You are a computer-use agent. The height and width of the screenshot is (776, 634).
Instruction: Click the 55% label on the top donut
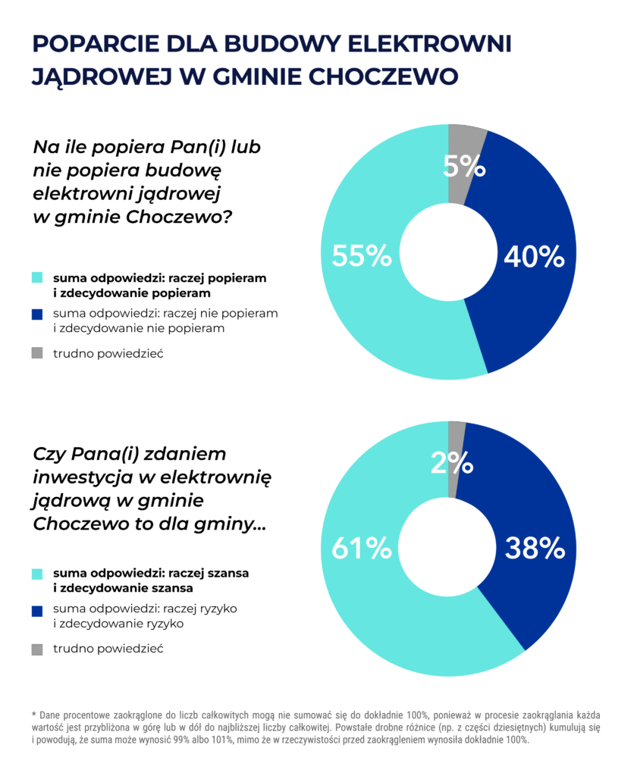point(362,256)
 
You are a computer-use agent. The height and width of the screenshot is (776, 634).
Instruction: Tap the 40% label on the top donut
point(534,256)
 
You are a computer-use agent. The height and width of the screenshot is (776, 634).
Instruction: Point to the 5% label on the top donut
point(464,166)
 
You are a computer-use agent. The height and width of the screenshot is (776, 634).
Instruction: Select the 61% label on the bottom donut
point(362,547)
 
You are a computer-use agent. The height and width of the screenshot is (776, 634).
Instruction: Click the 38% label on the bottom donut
point(534,547)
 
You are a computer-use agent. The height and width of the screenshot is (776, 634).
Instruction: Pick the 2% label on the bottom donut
point(452,462)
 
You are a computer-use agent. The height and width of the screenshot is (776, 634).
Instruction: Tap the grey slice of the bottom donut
point(456,432)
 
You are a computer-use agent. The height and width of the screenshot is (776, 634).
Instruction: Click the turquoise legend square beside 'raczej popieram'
point(37,278)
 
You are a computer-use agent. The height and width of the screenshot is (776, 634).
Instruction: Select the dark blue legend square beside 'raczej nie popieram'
point(37,314)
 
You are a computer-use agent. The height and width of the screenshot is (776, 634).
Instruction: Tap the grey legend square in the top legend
point(37,353)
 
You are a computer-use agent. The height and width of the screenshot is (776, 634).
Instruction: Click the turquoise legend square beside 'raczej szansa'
point(37,574)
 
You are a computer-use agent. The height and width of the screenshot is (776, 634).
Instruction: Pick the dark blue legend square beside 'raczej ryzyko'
point(37,610)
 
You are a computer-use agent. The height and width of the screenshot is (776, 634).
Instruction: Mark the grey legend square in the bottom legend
point(37,649)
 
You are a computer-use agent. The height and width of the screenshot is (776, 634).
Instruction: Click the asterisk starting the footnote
point(34,715)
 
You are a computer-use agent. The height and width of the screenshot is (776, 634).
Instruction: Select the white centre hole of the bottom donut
point(447,548)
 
